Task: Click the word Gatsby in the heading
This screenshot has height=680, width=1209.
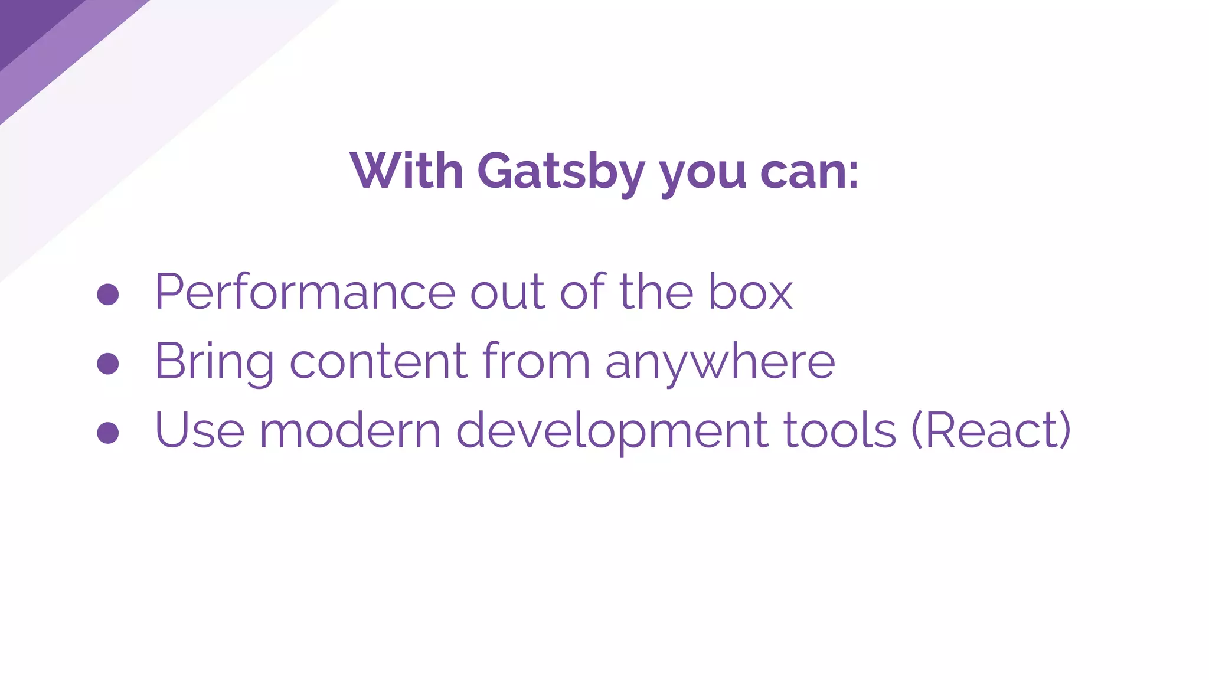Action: click(561, 172)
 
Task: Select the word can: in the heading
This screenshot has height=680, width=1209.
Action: click(809, 172)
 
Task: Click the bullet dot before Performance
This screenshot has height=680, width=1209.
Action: click(108, 294)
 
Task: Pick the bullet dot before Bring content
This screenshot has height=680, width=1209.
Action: click(108, 364)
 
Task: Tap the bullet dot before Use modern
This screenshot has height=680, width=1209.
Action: click(108, 433)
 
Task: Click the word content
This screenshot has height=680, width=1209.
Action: click(378, 361)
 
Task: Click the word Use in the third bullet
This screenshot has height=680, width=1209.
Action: click(200, 430)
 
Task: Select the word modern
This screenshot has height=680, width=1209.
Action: click(350, 430)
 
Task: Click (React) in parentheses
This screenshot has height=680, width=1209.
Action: click(991, 430)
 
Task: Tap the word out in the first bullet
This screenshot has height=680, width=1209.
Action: click(507, 292)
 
